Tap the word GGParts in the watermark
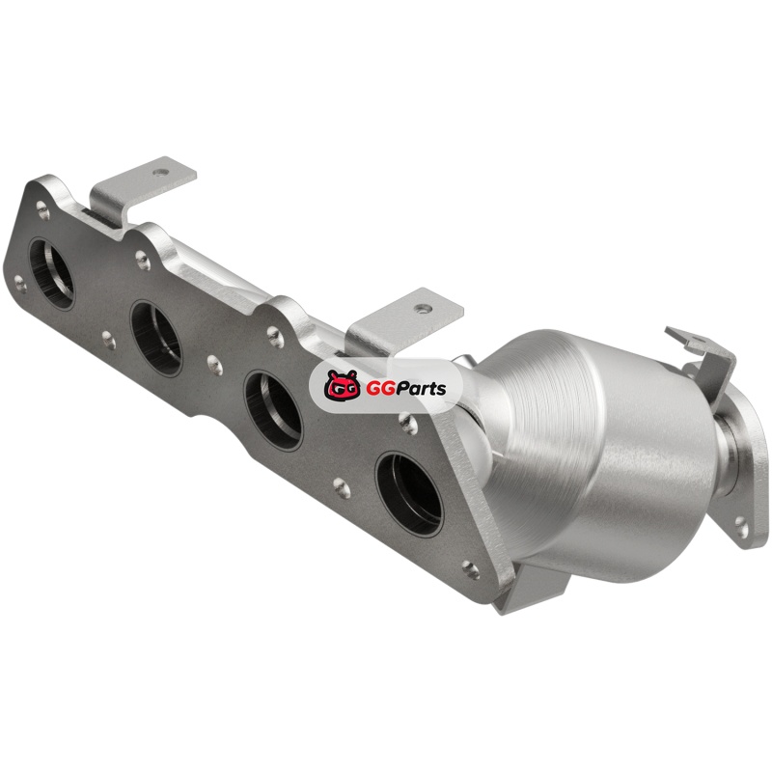[405, 389]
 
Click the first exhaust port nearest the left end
[52, 273]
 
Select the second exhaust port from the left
[157, 339]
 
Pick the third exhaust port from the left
[274, 411]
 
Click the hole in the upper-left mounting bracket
[160, 173]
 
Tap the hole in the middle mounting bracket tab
[423, 309]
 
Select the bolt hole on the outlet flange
[741, 524]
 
